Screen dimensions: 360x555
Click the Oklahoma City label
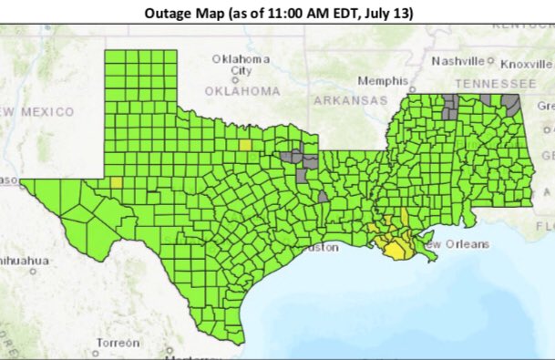pos(241,64)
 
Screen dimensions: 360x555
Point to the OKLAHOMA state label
pos(242,91)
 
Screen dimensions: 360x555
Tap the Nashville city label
pos(457,62)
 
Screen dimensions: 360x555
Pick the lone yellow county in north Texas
pos(245,144)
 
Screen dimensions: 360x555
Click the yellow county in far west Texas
pos(116,181)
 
